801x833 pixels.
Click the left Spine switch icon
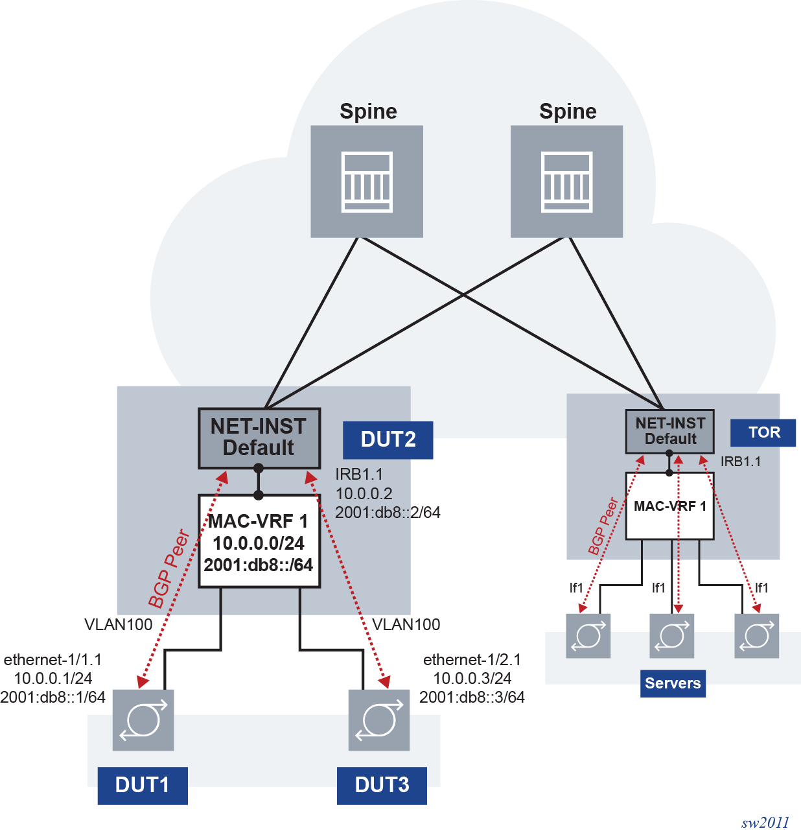pyautogui.click(x=367, y=182)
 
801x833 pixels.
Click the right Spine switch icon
pyautogui.click(x=566, y=182)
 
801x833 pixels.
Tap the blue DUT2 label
pyautogui.click(x=388, y=440)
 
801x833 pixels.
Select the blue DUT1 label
pyautogui.click(x=143, y=785)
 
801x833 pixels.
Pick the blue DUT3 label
pyautogui.click(x=382, y=785)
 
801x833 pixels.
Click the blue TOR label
pyautogui.click(x=763, y=432)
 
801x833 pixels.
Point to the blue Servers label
pyautogui.click(x=673, y=683)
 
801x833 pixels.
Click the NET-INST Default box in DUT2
pyautogui.click(x=259, y=438)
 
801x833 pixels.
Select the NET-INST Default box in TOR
pyautogui.click(x=669, y=431)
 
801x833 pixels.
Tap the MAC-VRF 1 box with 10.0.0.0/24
pyautogui.click(x=259, y=542)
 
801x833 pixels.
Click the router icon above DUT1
pyautogui.click(x=143, y=720)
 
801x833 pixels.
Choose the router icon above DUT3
pyautogui.click(x=379, y=720)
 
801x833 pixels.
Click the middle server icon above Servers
pyautogui.click(x=672, y=636)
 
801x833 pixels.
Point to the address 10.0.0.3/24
pyautogui.click(x=472, y=678)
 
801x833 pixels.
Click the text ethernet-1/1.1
pyautogui.click(x=52, y=659)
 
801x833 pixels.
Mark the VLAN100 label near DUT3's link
pyautogui.click(x=406, y=624)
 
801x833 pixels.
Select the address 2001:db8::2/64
pyautogui.click(x=388, y=512)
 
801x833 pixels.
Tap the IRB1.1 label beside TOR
pyautogui.click(x=741, y=462)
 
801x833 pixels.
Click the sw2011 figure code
pyautogui.click(x=765, y=823)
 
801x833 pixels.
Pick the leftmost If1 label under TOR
pyautogui.click(x=576, y=588)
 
